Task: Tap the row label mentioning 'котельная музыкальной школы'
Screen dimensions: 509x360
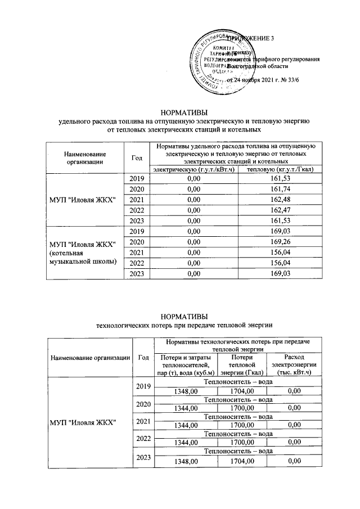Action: click(82, 253)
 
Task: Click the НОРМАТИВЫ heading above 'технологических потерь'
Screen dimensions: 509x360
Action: click(184, 315)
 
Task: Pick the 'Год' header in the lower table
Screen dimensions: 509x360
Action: click(142, 357)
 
